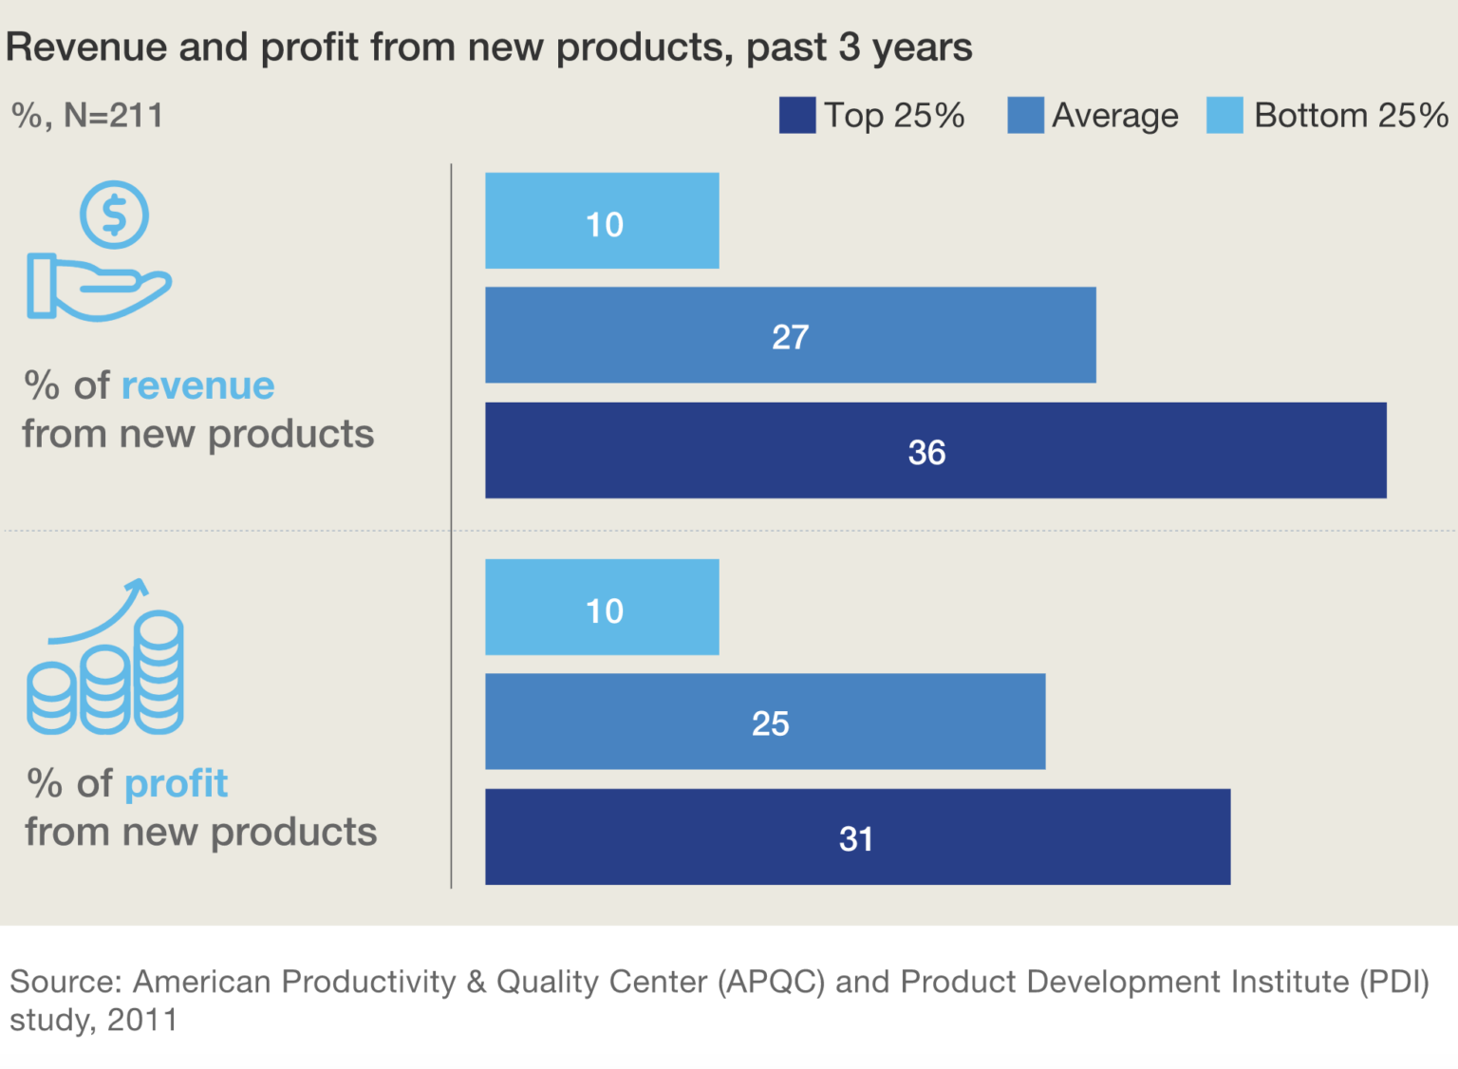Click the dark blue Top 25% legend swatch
click(x=796, y=116)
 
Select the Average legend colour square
click(x=1025, y=116)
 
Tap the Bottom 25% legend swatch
click(x=1224, y=116)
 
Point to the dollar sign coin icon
click(x=114, y=215)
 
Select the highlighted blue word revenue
click(x=197, y=385)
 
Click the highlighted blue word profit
click(x=176, y=783)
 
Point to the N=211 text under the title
click(x=113, y=116)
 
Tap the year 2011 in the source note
click(x=142, y=1021)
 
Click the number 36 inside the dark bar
click(x=926, y=452)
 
